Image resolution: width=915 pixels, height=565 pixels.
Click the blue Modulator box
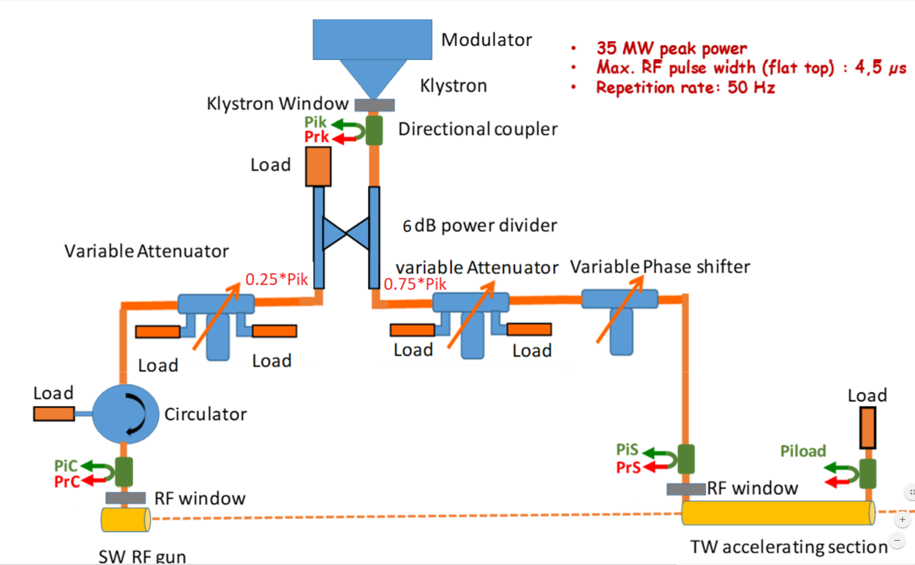click(372, 40)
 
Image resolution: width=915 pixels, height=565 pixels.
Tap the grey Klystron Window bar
click(374, 105)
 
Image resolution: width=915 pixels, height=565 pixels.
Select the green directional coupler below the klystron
click(374, 130)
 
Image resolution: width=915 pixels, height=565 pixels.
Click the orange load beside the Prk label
click(318, 166)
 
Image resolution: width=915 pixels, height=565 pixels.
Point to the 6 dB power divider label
click(480, 226)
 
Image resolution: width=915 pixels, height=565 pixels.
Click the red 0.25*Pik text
click(276, 279)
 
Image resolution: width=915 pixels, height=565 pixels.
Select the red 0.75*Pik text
click(415, 284)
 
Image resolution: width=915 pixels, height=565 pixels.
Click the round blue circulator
click(125, 414)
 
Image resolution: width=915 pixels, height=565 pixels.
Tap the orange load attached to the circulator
click(54, 414)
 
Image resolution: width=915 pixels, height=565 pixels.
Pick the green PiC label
click(66, 466)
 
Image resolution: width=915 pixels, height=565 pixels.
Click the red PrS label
click(628, 467)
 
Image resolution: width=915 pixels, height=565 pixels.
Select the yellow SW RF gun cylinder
click(125, 520)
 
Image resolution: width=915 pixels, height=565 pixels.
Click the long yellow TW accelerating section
click(778, 513)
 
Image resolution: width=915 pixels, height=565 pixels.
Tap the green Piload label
click(803, 451)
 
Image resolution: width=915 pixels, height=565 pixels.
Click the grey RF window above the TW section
click(686, 489)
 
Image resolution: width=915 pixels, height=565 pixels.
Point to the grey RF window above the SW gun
click(125, 498)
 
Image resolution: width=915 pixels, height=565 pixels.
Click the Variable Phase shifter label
click(660, 267)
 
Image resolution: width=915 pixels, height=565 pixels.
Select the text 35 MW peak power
click(672, 48)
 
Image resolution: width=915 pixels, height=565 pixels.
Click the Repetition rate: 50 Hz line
click(685, 87)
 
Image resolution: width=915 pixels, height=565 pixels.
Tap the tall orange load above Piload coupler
click(868, 428)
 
